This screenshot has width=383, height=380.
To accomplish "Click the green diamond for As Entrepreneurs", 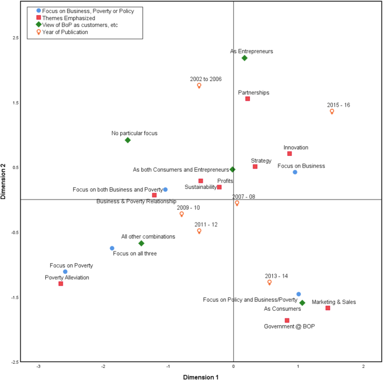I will [244, 58].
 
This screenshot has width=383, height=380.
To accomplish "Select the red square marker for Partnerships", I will [248, 99].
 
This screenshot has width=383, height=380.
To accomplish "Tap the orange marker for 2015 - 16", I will [332, 111].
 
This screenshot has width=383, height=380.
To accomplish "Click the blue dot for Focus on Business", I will [295, 172].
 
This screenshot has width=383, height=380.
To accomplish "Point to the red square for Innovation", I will [290, 154].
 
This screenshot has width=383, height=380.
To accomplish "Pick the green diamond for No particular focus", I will [127, 140].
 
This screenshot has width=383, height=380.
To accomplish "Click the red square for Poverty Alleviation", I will [61, 284].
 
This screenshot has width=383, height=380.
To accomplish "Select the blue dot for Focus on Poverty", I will [65, 272].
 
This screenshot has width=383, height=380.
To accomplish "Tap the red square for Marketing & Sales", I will [328, 308].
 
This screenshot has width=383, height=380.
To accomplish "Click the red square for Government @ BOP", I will [287, 320].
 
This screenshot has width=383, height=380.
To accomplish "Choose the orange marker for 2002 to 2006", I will [199, 85].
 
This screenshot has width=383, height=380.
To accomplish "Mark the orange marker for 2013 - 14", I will [269, 282].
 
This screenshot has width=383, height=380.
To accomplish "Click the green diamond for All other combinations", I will [141, 244].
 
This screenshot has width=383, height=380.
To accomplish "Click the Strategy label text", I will [261, 160].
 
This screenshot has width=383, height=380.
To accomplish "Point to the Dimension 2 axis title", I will [5, 181].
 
